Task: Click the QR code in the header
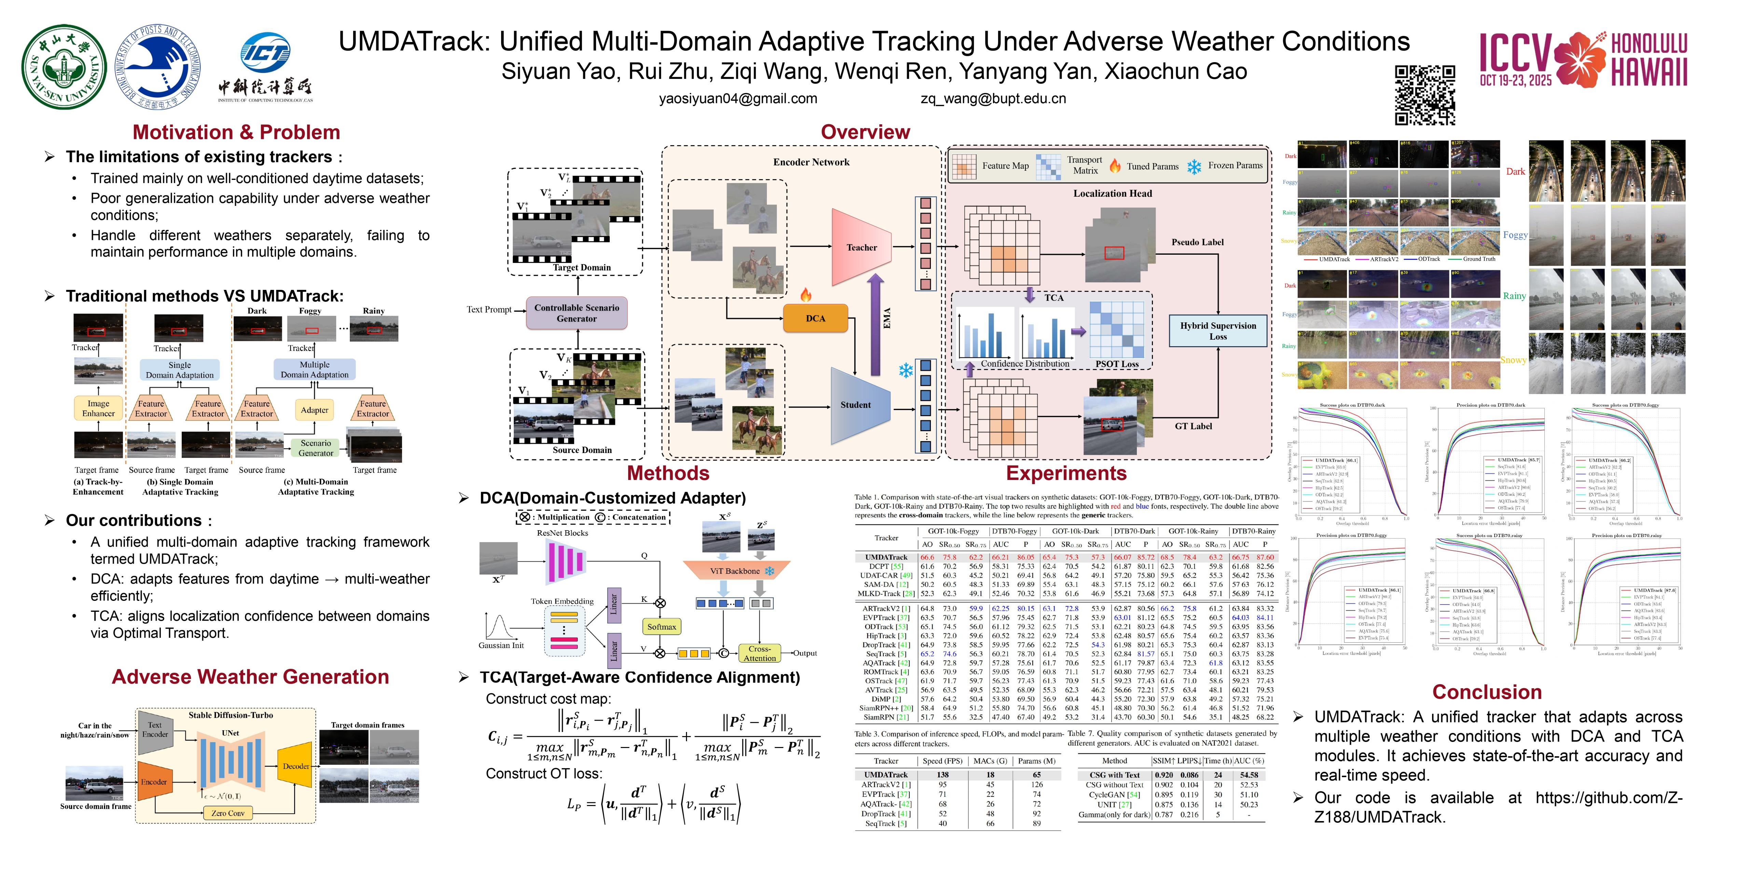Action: [x=1424, y=95]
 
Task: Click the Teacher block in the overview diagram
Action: [x=861, y=248]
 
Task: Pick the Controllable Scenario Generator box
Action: [x=576, y=313]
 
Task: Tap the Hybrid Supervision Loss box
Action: [x=1218, y=330]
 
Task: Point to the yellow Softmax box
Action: [x=661, y=626]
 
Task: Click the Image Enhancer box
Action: [x=98, y=409]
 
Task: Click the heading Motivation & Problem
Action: [x=236, y=132]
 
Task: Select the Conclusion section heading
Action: [x=1486, y=692]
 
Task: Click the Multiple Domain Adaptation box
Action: [x=314, y=369]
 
